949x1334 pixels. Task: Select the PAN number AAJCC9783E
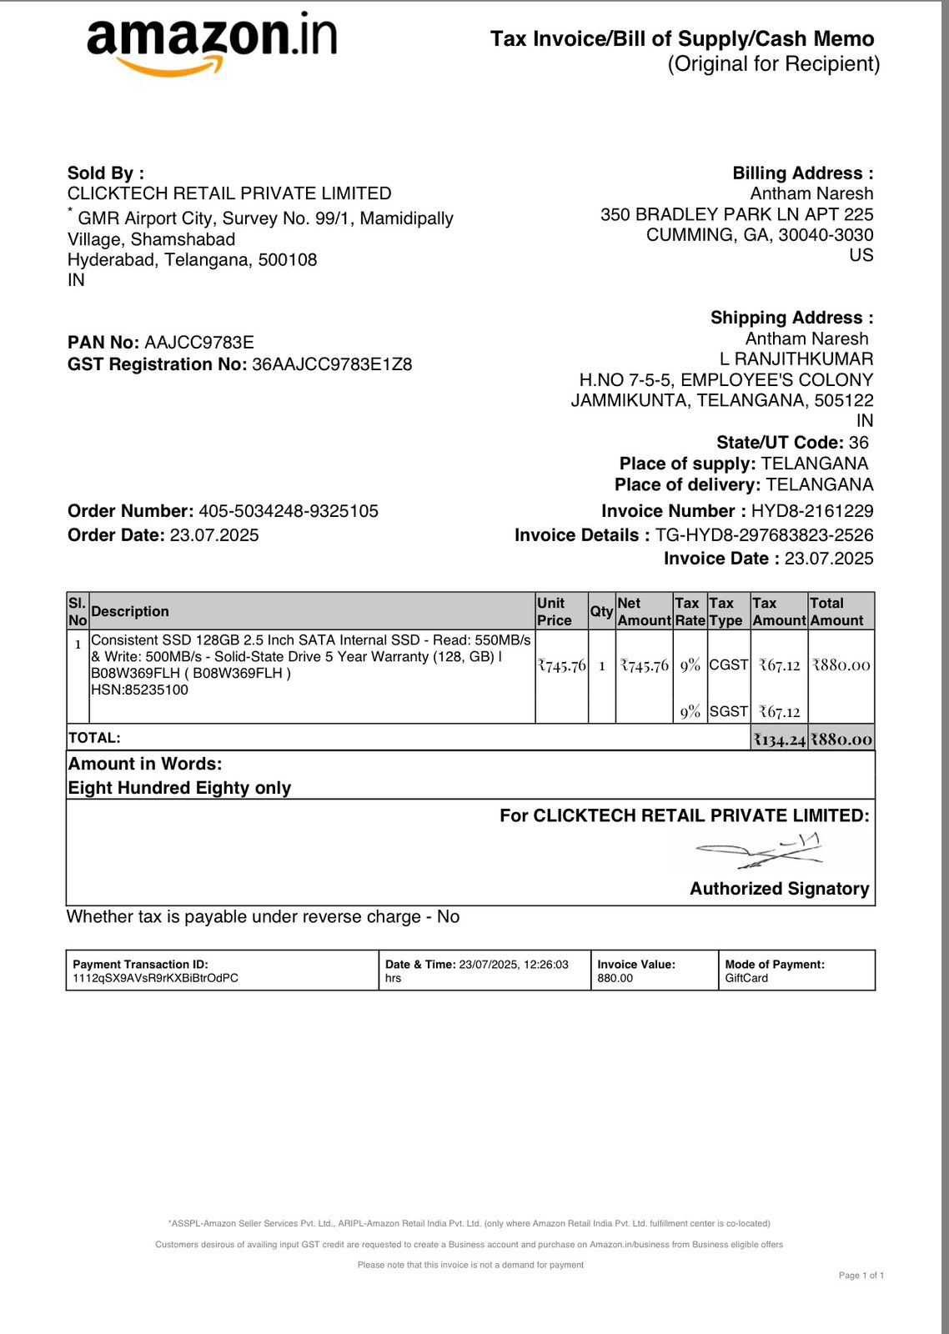[199, 343]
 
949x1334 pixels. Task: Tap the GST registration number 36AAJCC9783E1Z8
[332, 364]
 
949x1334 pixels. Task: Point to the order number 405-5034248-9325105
[289, 511]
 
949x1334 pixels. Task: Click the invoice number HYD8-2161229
[812, 511]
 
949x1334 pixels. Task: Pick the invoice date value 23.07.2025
[829, 559]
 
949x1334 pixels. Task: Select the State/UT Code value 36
[859, 443]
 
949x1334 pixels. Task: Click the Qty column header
[601, 611]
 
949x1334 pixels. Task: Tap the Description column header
[130, 611]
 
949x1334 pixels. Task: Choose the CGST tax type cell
[729, 664]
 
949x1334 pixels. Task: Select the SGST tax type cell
[729, 711]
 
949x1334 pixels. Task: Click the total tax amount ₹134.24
[780, 740]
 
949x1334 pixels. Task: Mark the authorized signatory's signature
[759, 850]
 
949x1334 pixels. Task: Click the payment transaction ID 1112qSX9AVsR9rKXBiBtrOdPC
[156, 978]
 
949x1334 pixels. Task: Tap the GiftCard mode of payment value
[746, 978]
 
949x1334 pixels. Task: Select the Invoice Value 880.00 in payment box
[615, 978]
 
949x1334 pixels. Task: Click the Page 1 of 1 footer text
[861, 1276]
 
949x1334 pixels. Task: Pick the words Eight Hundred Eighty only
[179, 788]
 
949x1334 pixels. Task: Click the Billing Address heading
[802, 173]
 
